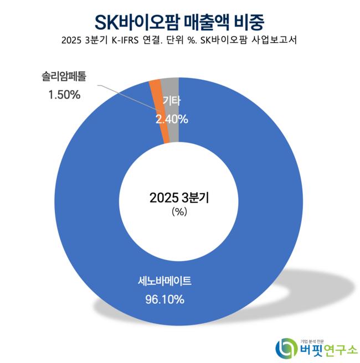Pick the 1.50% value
click(x=62, y=95)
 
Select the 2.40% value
click(x=172, y=119)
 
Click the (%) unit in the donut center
click(x=180, y=212)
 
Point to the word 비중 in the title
click(x=248, y=22)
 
